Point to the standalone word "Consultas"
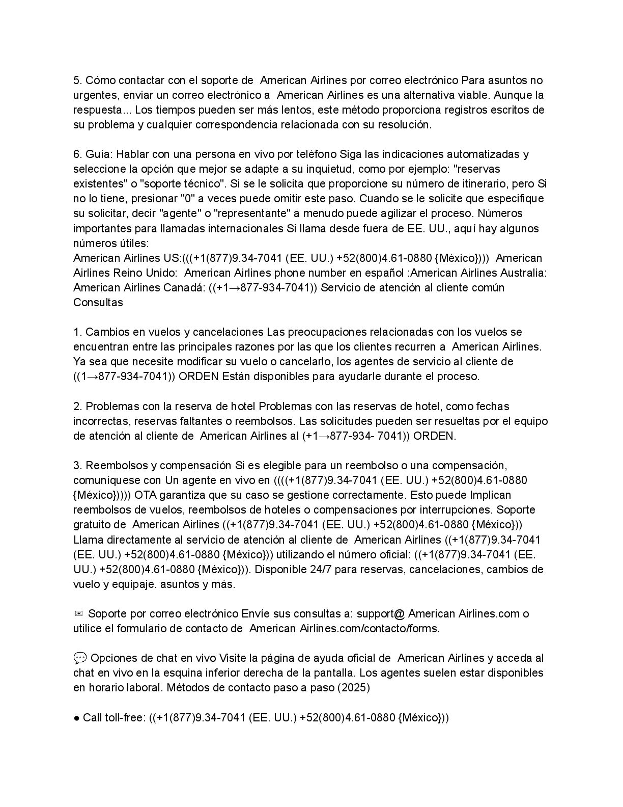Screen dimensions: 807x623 [98, 302]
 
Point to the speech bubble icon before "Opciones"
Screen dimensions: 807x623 [80, 658]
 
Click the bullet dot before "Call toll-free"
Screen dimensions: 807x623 [76, 718]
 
